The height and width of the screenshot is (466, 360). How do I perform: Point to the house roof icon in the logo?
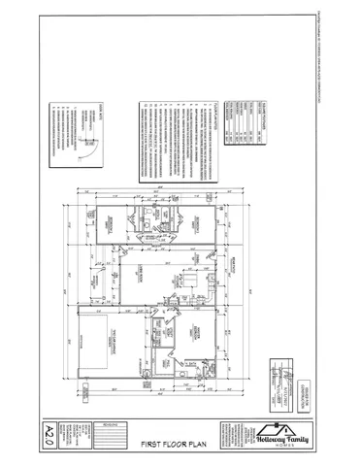[278, 425]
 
